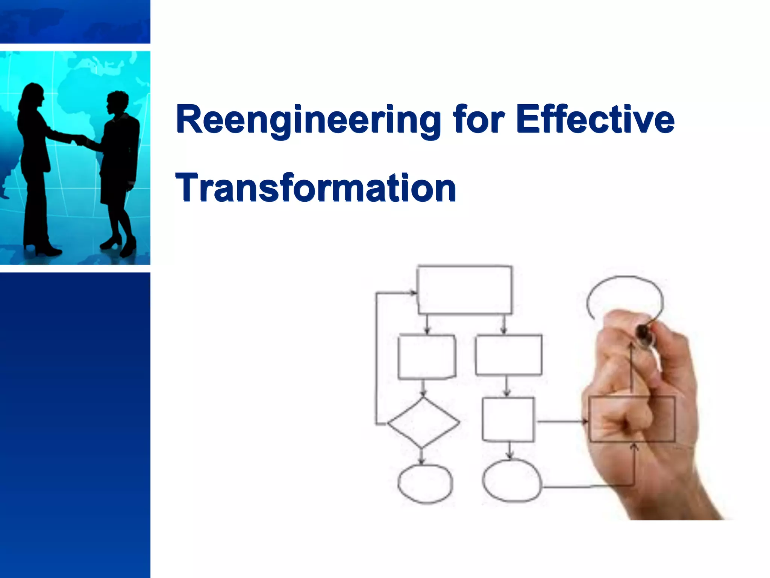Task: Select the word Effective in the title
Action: click(595, 120)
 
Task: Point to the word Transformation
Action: click(316, 188)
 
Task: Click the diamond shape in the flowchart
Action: click(423, 423)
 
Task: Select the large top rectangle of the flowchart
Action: click(465, 290)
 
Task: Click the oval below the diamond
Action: click(425, 484)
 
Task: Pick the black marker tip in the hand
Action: click(643, 333)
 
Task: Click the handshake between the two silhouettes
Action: click(79, 140)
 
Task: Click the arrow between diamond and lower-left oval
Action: click(422, 456)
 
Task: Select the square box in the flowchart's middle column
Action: click(508, 419)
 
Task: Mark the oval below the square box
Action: click(512, 481)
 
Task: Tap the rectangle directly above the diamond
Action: click(427, 356)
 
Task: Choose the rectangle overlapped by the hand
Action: click(632, 419)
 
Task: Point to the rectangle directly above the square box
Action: click(509, 355)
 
